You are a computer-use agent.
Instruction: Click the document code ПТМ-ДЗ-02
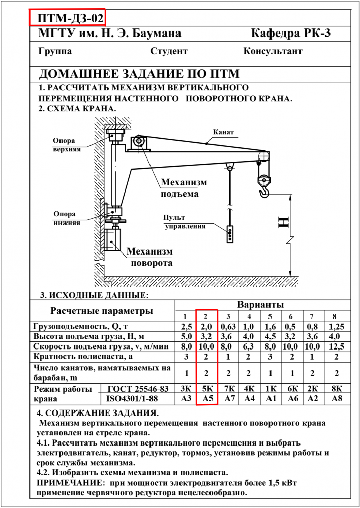pyautogui.click(x=67, y=18)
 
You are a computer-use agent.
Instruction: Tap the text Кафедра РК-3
pyautogui.click(x=291, y=34)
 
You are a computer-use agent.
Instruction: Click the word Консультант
pyautogui.click(x=273, y=51)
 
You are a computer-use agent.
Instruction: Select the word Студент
pyautogui.click(x=169, y=51)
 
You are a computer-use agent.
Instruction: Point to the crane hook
pyautogui.click(x=264, y=190)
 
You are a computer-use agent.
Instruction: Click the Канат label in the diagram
pyautogui.click(x=223, y=132)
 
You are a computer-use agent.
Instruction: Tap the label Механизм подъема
pyautogui.click(x=184, y=188)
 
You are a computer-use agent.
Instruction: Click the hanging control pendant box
pyautogui.click(x=230, y=233)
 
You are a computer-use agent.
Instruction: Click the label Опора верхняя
pyautogui.click(x=67, y=145)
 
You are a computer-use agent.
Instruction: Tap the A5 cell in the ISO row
pyautogui.click(x=207, y=399)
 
